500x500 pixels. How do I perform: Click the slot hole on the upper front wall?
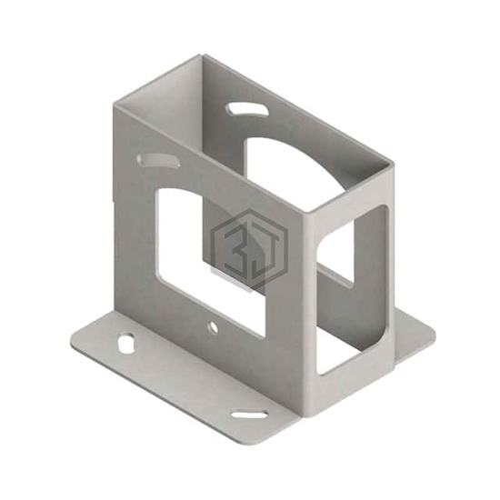[x=159, y=160]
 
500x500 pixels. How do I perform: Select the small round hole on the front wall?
[x=213, y=327]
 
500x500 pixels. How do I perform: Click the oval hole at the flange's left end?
[x=126, y=343]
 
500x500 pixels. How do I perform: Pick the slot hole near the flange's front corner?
[x=250, y=414]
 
